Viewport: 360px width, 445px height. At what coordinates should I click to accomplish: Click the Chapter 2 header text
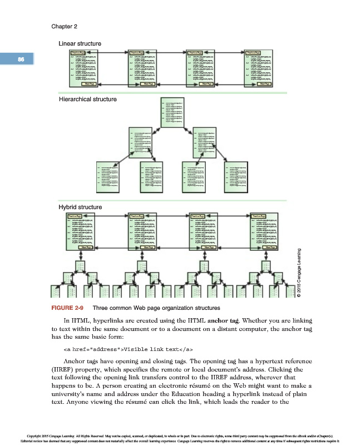(x=64, y=27)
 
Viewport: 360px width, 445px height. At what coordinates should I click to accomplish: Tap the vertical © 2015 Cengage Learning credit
(x=299, y=273)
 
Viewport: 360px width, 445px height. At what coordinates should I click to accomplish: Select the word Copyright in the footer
(x=31, y=435)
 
